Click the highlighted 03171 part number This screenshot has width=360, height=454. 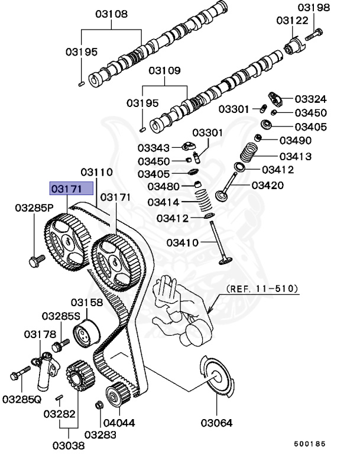[67, 189]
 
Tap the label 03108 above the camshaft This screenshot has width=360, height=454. [112, 14]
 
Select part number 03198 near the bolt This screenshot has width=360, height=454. [314, 7]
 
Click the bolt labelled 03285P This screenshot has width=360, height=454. [37, 261]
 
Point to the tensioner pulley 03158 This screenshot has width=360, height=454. [86, 333]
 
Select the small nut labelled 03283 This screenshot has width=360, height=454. [99, 405]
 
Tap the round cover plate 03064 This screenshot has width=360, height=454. [216, 377]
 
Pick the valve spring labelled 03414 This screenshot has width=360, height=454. [203, 199]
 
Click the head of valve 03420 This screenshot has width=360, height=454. [222, 196]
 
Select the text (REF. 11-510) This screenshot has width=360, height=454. [262, 289]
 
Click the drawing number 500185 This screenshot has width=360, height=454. [310, 443]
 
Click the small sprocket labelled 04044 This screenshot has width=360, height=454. [118, 394]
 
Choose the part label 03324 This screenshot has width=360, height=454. [311, 99]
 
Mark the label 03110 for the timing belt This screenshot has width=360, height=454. [96, 172]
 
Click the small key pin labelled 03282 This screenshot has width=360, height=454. [59, 397]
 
